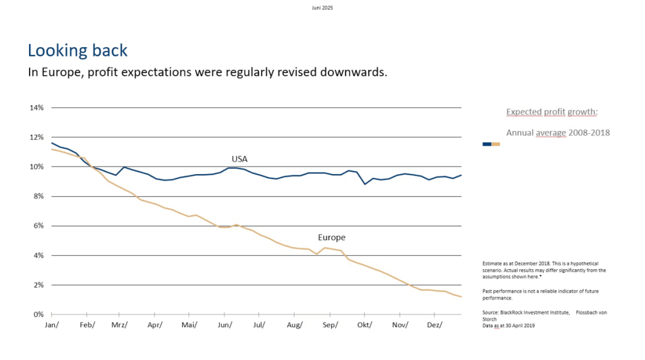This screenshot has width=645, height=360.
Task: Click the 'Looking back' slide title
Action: [x=78, y=50]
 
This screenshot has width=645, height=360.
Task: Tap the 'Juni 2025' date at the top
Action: [x=322, y=8]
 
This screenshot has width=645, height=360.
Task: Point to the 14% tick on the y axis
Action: [x=37, y=108]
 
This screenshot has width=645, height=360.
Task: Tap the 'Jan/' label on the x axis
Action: [x=52, y=325]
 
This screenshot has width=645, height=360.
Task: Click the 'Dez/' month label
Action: [x=434, y=325]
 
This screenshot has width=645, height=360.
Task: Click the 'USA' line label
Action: [x=240, y=159]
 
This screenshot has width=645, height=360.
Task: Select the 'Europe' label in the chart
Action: [x=332, y=238]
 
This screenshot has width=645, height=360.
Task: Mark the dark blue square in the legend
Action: [x=487, y=144]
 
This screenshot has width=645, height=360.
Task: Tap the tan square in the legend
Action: [x=496, y=144]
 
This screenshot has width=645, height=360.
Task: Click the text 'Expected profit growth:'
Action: [x=552, y=112]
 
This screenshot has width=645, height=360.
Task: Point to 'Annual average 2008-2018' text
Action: [x=558, y=132]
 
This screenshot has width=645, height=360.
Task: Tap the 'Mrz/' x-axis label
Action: [x=120, y=325]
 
